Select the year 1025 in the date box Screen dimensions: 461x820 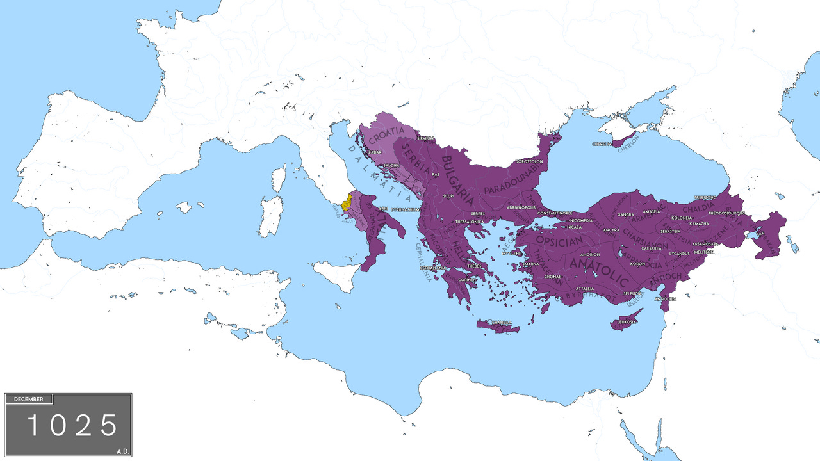(72, 426)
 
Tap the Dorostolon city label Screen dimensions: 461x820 (529, 162)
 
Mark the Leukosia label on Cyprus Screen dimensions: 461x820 (626, 321)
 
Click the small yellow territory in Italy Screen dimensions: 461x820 (346, 203)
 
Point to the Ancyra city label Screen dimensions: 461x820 (611, 230)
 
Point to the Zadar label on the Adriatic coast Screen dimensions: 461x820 (375, 152)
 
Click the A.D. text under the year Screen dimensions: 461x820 (123, 451)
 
